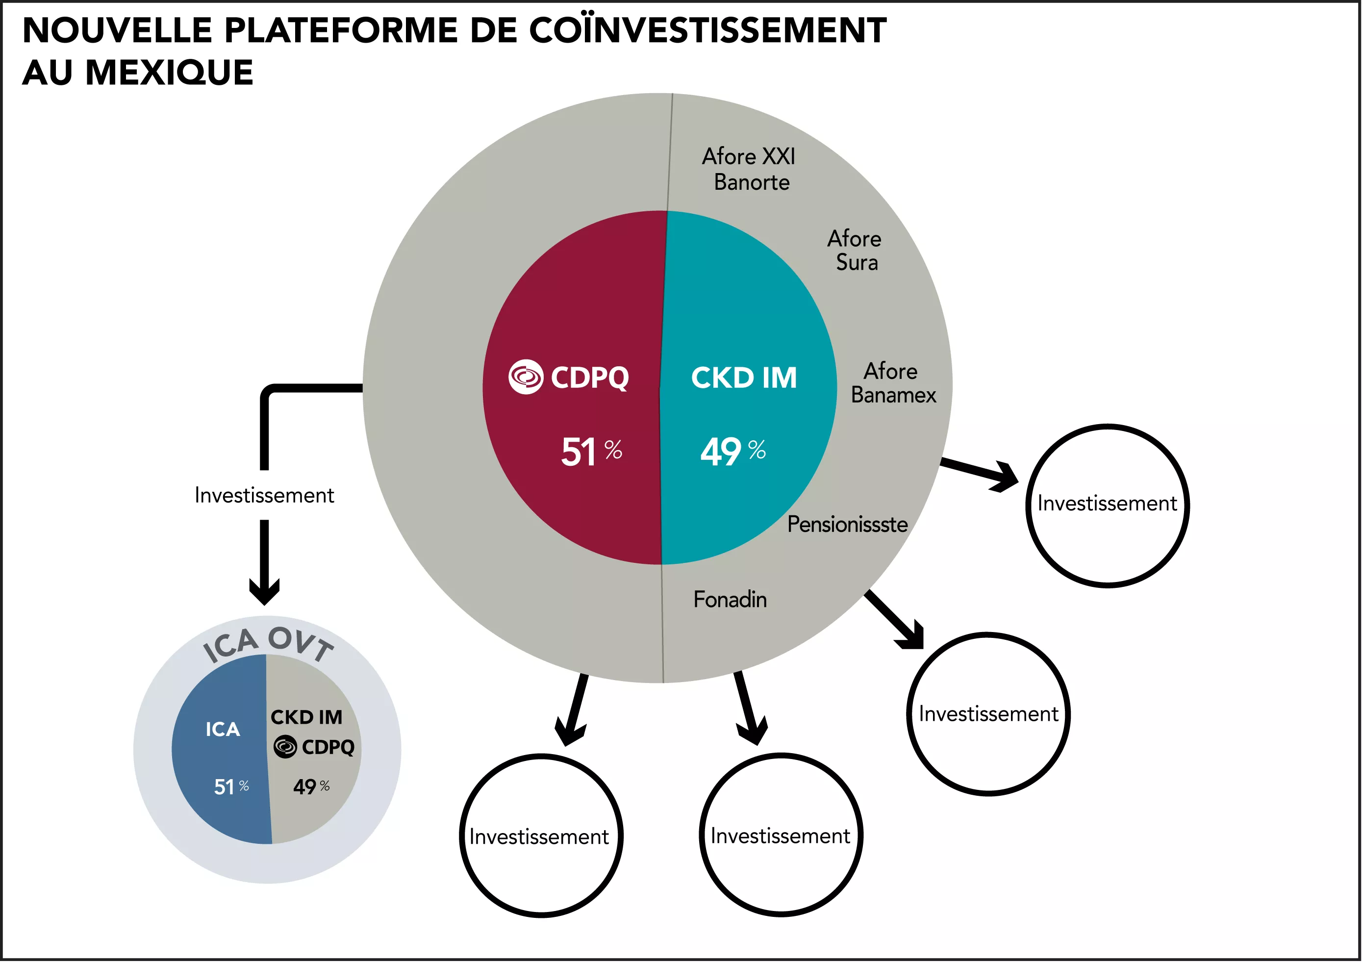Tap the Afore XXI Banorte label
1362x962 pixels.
[750, 169]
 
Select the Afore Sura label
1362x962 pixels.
[855, 250]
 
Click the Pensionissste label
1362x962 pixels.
[847, 524]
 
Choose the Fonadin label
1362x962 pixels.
[730, 600]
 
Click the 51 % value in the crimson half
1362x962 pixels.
[591, 452]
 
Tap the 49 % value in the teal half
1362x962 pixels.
[732, 452]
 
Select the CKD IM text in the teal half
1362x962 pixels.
[744, 378]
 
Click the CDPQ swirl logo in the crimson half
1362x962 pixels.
[526, 377]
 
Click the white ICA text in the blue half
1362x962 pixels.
[223, 730]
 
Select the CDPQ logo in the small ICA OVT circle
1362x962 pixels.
[285, 747]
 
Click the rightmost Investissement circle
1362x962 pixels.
[1107, 506]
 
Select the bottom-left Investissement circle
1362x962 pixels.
[540, 836]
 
